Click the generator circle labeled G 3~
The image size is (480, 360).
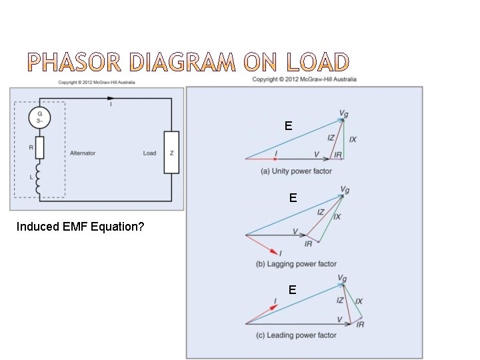(39, 119)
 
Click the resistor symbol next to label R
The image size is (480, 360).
(39, 148)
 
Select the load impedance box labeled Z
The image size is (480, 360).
(171, 153)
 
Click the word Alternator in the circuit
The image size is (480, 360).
(83, 153)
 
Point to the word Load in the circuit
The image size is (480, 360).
(149, 153)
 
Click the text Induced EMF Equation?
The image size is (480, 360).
(80, 227)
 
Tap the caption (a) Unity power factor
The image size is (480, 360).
(296, 171)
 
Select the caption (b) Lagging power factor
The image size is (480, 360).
(296, 264)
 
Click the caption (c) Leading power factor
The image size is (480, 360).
(296, 335)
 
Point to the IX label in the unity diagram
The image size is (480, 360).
(353, 139)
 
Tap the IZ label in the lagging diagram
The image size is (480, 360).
(321, 212)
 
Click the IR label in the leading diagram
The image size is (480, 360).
(360, 325)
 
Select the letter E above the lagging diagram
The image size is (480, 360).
(293, 198)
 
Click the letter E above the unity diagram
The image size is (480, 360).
(288, 125)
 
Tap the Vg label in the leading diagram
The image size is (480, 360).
(342, 278)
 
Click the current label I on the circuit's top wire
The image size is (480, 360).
(111, 104)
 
